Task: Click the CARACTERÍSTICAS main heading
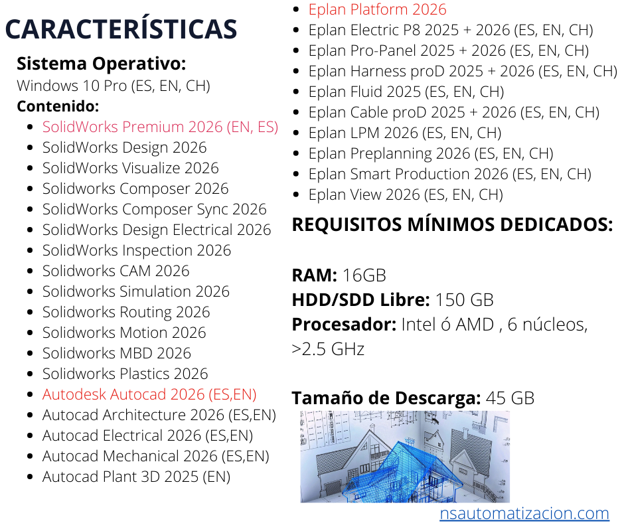[x=121, y=29]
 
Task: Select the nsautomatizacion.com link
[x=524, y=514]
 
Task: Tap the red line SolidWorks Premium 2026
[x=160, y=127]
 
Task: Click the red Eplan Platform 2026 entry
[x=377, y=9]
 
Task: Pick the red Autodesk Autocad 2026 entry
[x=149, y=394]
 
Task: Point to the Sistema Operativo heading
[x=101, y=64]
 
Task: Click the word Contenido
[x=58, y=106]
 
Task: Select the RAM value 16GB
[x=364, y=275]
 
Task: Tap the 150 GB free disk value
[x=464, y=300]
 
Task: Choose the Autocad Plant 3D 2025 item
[x=136, y=477]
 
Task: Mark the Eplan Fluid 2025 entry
[x=406, y=92]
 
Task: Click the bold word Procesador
[x=344, y=325]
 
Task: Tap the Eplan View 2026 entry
[x=406, y=195]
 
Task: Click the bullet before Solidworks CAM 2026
[x=30, y=271]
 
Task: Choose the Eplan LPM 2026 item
[x=405, y=133]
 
